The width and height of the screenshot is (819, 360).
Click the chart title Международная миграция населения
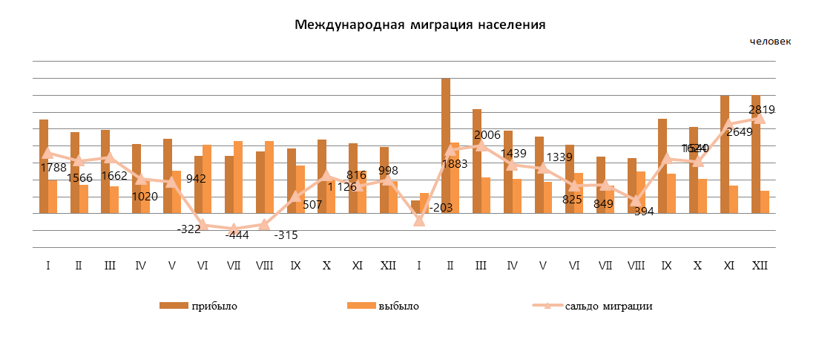coord(420,25)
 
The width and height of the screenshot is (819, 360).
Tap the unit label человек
coord(770,42)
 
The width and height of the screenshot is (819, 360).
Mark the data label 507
coord(312,205)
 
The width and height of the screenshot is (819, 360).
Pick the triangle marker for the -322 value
coord(203,225)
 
